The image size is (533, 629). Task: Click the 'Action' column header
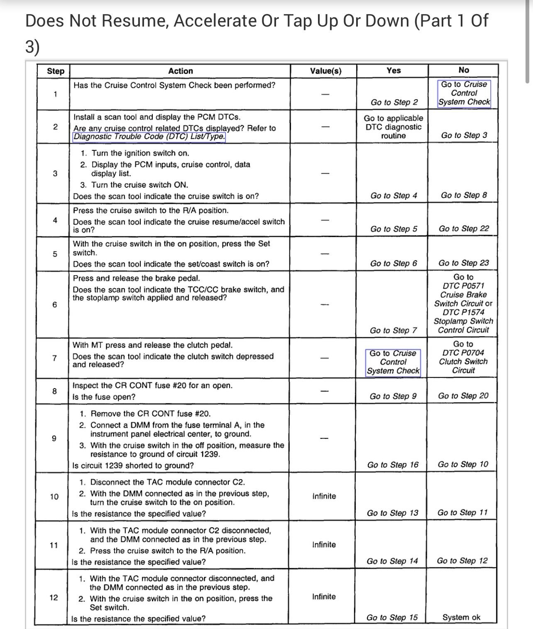(180, 71)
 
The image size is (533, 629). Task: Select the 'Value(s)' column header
(326, 71)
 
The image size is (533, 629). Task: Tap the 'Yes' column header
(394, 71)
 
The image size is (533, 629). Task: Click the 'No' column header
(464, 70)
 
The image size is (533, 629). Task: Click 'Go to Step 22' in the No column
(464, 229)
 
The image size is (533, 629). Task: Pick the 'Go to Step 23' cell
(464, 263)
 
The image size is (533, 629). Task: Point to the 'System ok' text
(461, 617)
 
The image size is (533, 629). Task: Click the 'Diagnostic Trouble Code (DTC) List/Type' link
(149, 137)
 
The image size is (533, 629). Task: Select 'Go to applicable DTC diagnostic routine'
(394, 127)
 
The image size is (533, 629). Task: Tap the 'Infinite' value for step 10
(324, 496)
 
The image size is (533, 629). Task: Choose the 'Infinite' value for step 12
(324, 597)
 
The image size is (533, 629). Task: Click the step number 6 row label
(54, 305)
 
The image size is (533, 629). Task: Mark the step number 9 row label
(54, 438)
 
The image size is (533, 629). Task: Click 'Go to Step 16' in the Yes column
(393, 465)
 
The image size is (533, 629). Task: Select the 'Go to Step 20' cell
(463, 396)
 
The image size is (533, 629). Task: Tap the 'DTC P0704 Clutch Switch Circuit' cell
(463, 357)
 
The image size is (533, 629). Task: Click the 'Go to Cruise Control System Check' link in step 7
(393, 362)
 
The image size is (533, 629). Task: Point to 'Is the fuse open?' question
(104, 397)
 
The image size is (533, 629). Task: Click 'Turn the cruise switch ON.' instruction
(139, 185)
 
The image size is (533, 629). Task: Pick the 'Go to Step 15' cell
(392, 617)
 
